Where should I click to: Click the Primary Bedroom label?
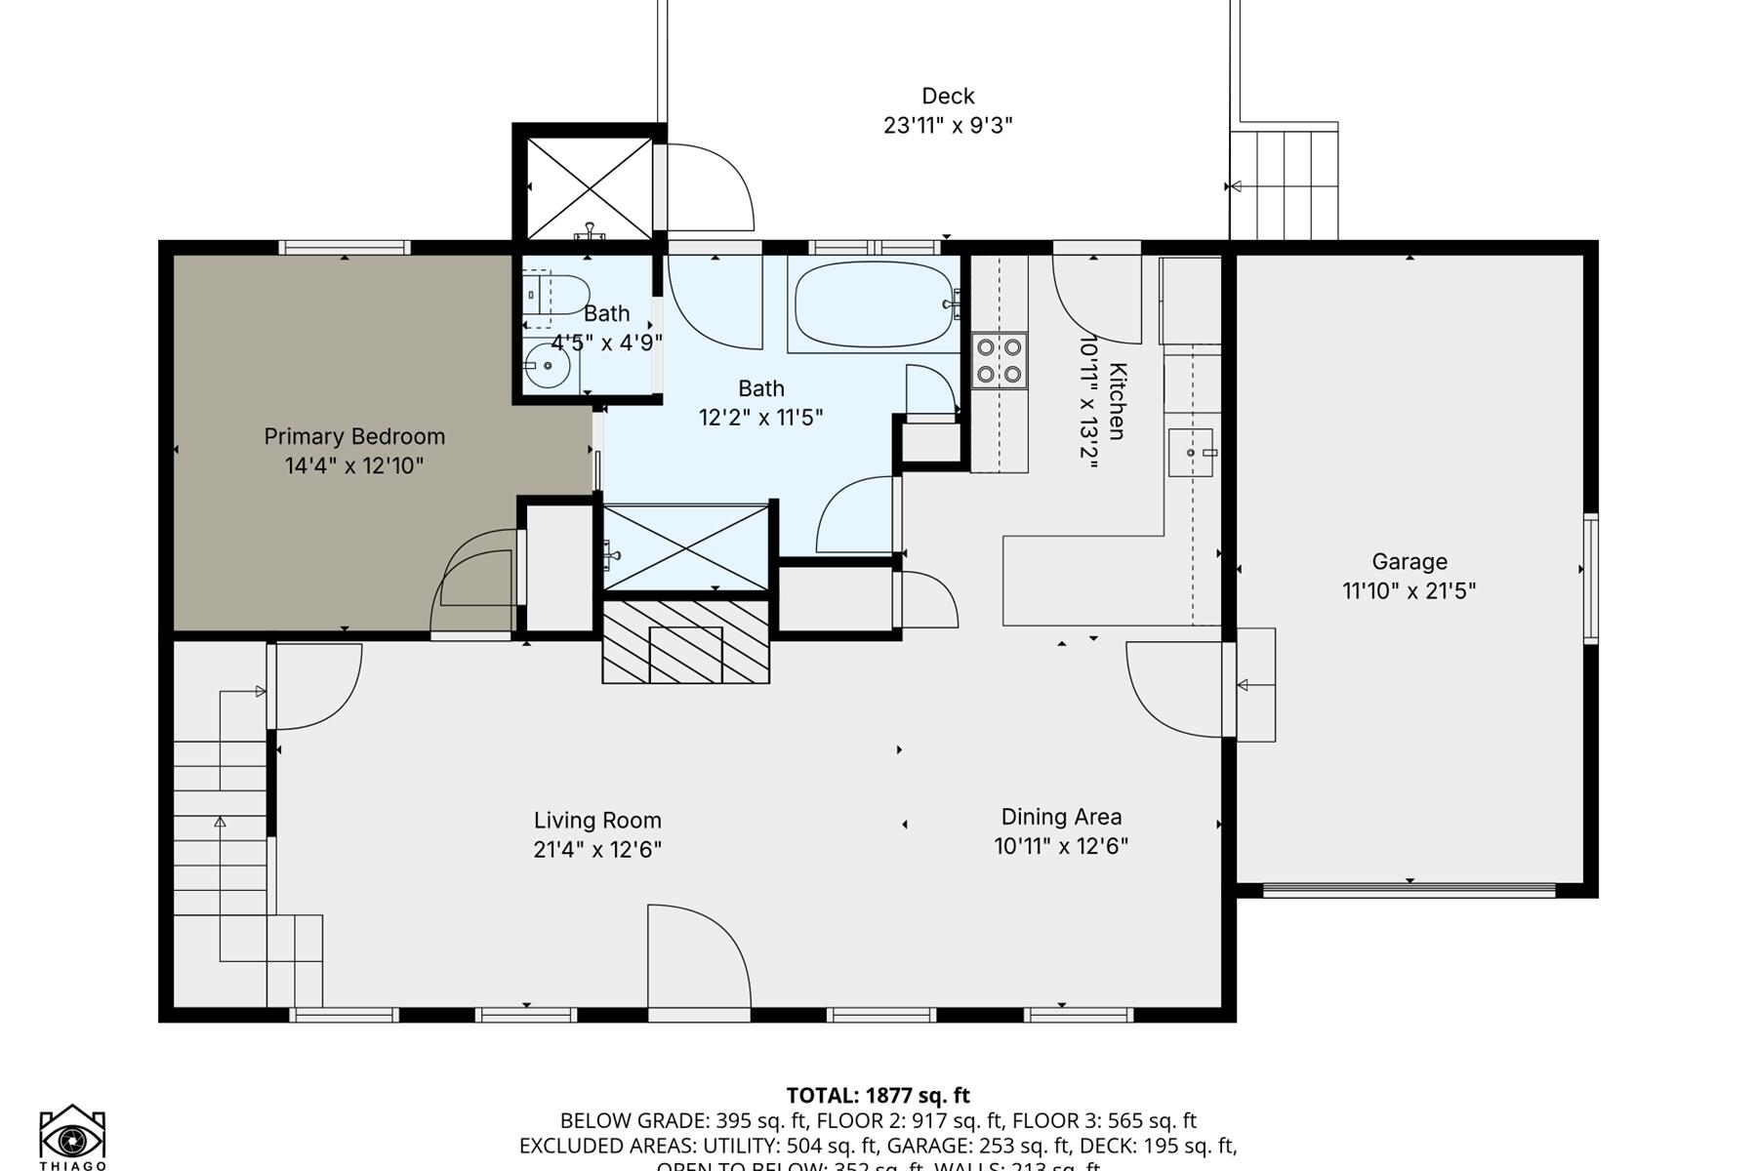354,436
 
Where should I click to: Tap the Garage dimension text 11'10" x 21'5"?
1409,590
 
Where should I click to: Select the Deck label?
948,96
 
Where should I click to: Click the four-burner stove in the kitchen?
1000,360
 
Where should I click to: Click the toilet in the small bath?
556,294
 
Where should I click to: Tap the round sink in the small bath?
548,366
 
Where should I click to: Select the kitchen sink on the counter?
1191,453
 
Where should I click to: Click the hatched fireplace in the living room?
685,642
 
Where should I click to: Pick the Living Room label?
597,821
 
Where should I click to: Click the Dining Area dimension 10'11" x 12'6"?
1061,846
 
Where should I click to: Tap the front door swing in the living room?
698,961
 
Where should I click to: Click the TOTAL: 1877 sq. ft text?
878,1095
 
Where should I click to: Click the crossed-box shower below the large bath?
686,547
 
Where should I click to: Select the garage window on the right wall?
1590,578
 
